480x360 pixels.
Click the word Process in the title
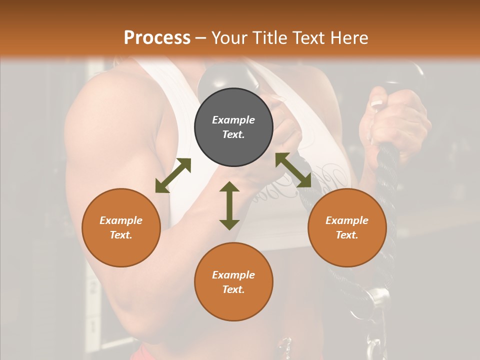[157, 37]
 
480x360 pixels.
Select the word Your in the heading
[228, 37]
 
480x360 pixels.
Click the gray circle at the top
[233, 127]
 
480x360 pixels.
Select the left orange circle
[121, 227]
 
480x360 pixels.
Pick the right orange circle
[347, 227]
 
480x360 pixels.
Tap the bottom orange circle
[233, 281]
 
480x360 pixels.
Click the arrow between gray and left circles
[173, 175]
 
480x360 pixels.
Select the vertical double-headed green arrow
[229, 205]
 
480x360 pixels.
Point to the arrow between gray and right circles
[293, 170]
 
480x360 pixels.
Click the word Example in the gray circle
[233, 120]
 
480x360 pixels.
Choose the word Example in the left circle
[121, 220]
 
